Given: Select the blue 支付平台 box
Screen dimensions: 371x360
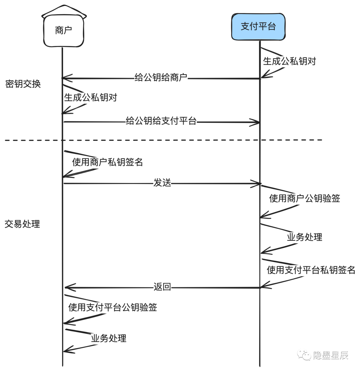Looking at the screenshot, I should coord(258,26).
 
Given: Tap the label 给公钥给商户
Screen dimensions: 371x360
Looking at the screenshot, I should coord(161,78).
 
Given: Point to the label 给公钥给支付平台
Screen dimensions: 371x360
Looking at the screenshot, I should coord(161,121).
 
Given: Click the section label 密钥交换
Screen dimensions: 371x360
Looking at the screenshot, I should coord(23,84).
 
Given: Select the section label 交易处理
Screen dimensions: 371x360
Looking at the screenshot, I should coord(22,224).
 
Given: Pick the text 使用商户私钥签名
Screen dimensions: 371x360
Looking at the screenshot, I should coord(107,162).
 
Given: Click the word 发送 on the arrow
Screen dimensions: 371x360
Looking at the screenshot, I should coord(162,183).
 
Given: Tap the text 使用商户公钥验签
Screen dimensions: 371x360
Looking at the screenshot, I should coord(304,199).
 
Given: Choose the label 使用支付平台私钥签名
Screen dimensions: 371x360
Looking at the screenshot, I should coord(311,270).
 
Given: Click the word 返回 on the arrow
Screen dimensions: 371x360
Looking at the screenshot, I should coord(162,287).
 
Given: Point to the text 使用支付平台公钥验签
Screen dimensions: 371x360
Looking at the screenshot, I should coord(112,307).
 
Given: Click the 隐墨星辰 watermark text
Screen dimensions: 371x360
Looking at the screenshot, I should coord(331,355).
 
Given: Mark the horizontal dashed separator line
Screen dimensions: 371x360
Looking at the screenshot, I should coord(163,140).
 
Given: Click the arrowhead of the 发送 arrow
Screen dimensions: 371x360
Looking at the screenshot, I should coord(257,183).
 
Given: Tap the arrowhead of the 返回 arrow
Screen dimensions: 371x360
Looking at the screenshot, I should coord(67,287).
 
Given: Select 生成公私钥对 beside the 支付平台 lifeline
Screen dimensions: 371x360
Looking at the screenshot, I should coord(289,61).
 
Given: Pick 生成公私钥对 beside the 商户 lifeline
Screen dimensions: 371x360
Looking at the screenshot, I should coord(90,98).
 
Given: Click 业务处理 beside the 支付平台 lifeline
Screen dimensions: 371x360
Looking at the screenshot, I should coord(304,237).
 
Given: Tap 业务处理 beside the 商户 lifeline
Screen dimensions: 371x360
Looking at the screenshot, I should coord(109,338).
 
